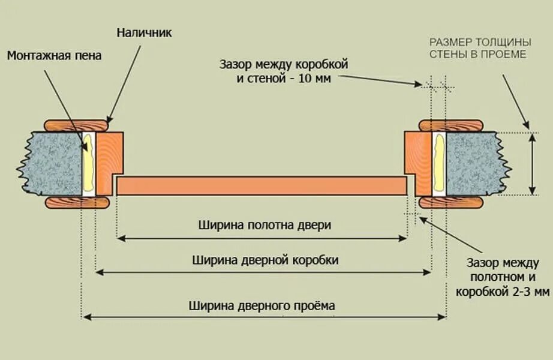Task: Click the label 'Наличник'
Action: click(144, 33)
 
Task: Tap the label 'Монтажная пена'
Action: click(54, 56)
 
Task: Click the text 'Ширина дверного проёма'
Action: click(262, 305)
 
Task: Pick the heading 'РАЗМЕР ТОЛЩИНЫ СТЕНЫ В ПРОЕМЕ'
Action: click(479, 49)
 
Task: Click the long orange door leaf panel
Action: click(262, 186)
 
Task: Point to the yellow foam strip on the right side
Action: click(438, 163)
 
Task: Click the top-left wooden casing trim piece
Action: click(77, 125)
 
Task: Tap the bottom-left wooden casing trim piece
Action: click(77, 202)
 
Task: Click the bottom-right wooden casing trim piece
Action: click(451, 202)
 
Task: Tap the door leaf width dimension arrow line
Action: click(262, 238)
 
